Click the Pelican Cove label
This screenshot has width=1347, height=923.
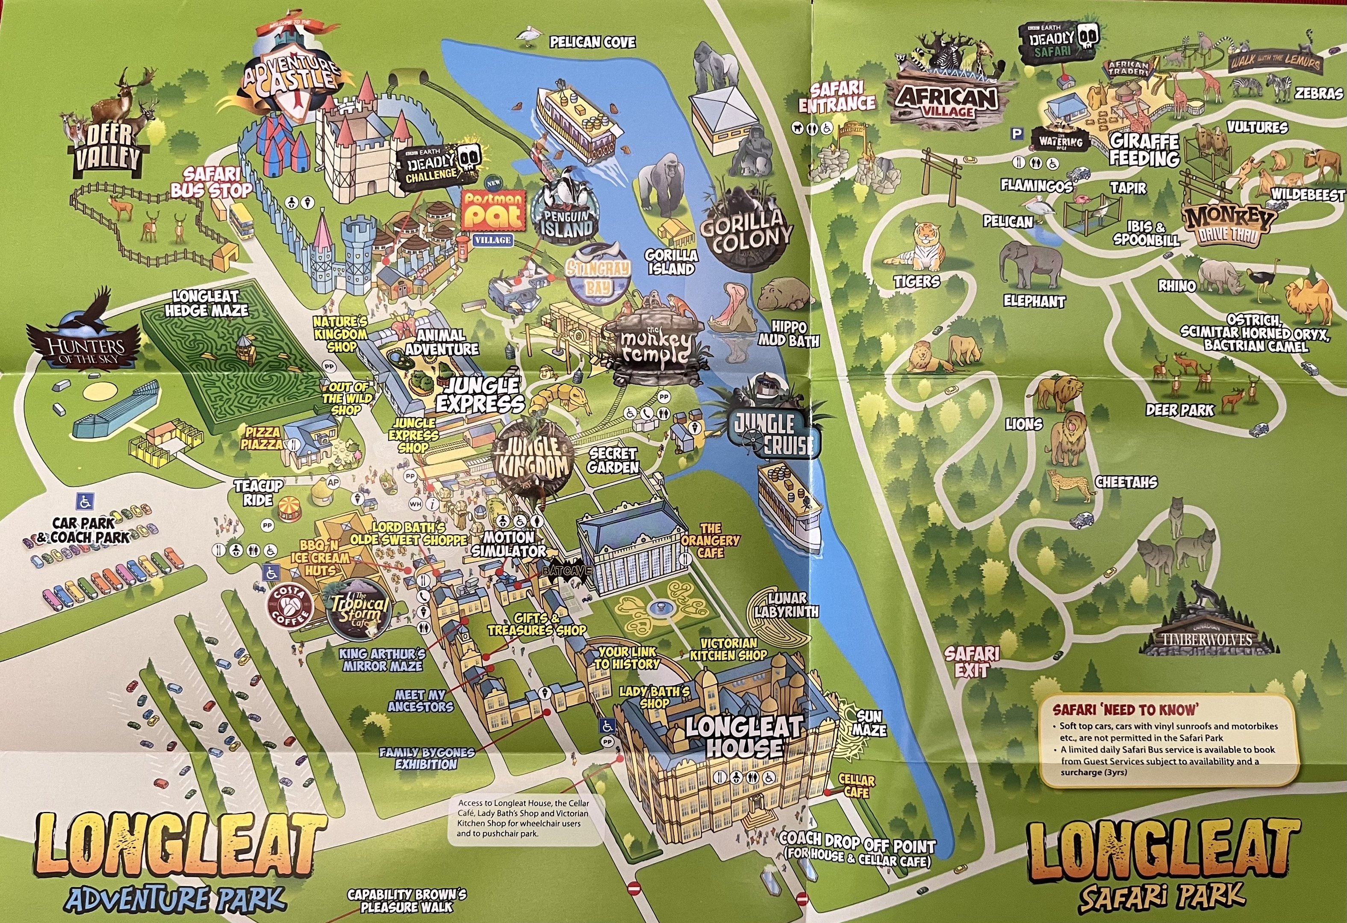(x=592, y=42)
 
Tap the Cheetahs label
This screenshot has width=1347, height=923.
(x=1126, y=482)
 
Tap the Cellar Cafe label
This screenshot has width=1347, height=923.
(x=856, y=786)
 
